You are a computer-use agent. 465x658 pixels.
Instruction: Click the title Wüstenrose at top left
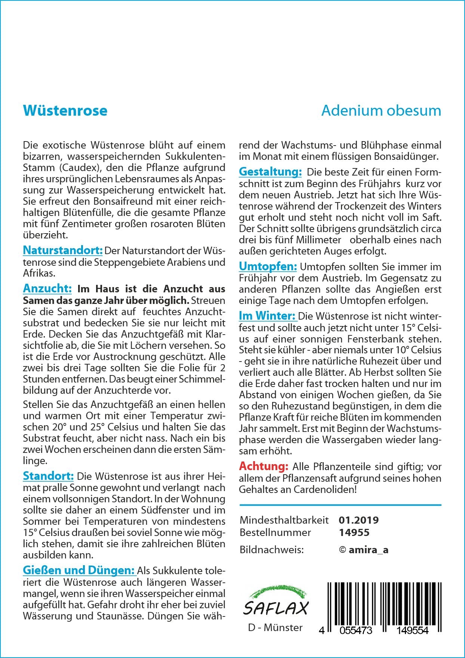(x=65, y=111)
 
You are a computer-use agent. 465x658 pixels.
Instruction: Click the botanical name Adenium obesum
(x=381, y=111)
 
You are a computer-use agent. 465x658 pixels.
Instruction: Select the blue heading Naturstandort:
(x=63, y=250)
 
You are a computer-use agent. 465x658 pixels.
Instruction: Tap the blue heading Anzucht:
(x=47, y=289)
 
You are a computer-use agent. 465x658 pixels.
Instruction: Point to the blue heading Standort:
(x=48, y=476)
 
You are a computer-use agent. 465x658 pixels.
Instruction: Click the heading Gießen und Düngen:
(x=79, y=570)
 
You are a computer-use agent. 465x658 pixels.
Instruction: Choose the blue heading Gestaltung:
(x=270, y=172)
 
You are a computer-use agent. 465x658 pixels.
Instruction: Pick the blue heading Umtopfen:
(x=268, y=266)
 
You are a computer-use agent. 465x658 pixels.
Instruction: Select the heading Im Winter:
(x=268, y=316)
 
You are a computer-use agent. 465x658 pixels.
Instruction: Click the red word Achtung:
(x=264, y=466)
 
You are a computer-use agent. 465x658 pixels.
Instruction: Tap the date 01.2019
(x=358, y=520)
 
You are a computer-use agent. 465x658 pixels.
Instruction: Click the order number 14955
(x=354, y=532)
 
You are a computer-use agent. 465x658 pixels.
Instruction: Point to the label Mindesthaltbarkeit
(x=284, y=520)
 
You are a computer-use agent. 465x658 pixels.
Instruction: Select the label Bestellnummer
(x=275, y=532)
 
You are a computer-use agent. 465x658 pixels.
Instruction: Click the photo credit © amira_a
(x=363, y=549)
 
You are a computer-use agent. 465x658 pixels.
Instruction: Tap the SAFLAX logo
(x=275, y=602)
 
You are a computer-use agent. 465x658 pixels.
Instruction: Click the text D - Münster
(x=275, y=628)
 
